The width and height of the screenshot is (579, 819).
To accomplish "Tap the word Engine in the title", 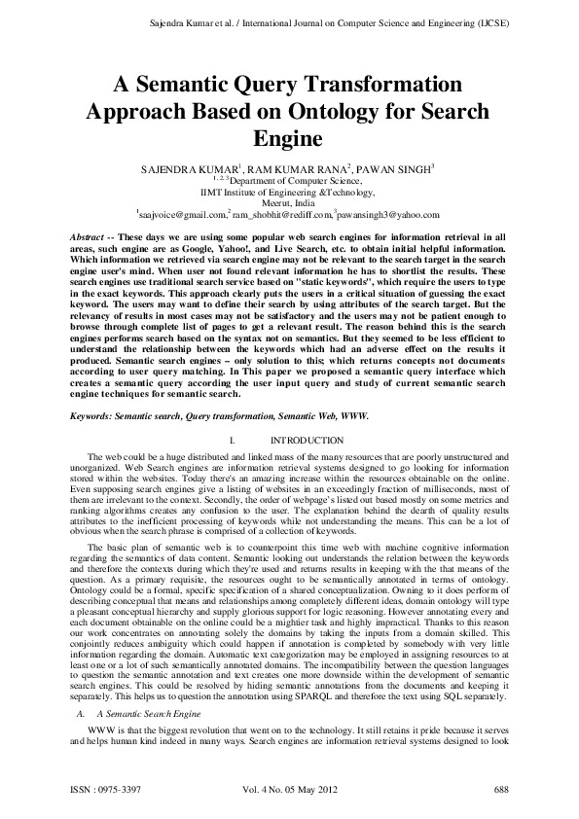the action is pyautogui.click(x=289, y=139).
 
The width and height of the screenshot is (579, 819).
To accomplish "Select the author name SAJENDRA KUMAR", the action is pyautogui.click(x=191, y=168).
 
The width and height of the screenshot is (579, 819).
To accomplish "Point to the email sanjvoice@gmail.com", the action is pyautogui.click(x=181, y=214).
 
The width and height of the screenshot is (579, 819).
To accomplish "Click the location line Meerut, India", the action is pyautogui.click(x=289, y=202).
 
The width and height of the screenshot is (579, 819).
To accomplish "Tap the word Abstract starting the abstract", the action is pyautogui.click(x=92, y=237).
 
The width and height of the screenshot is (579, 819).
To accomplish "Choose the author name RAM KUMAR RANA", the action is pyautogui.click(x=302, y=168).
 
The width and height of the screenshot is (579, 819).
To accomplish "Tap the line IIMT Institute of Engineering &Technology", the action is pyautogui.click(x=289, y=191).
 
